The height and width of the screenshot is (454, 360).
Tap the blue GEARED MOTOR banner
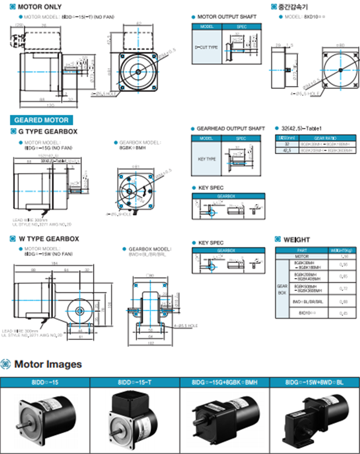point(41,120)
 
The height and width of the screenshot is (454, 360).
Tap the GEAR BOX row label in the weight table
point(282,289)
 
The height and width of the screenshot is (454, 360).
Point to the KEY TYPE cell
point(207,159)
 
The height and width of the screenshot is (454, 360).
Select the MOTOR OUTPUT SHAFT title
point(227,17)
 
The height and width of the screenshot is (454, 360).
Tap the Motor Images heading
point(48,364)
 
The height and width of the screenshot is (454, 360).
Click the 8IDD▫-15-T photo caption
point(135,382)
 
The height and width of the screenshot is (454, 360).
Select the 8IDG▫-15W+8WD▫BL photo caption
point(314,382)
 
